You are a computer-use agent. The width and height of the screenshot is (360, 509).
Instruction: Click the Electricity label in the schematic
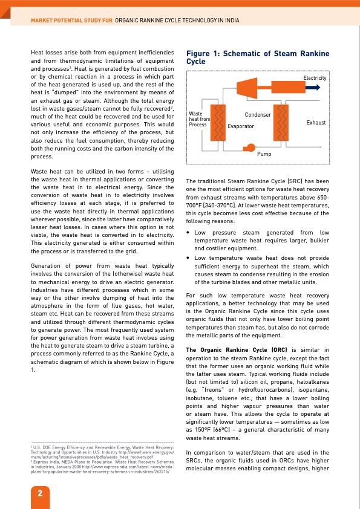tap(315, 78)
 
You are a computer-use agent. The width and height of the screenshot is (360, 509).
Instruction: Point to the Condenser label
tap(258, 114)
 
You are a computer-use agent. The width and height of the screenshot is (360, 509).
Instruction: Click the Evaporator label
tap(241, 126)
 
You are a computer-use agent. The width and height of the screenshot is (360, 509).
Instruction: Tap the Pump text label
tap(264, 155)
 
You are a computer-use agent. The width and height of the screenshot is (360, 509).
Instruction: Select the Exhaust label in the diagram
tap(316, 123)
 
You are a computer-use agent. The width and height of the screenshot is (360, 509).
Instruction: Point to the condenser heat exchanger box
tap(281, 122)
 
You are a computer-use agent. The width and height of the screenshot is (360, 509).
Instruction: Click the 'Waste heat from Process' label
tap(199, 119)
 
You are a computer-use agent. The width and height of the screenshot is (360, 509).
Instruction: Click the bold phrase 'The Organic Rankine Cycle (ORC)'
tap(229, 349)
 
